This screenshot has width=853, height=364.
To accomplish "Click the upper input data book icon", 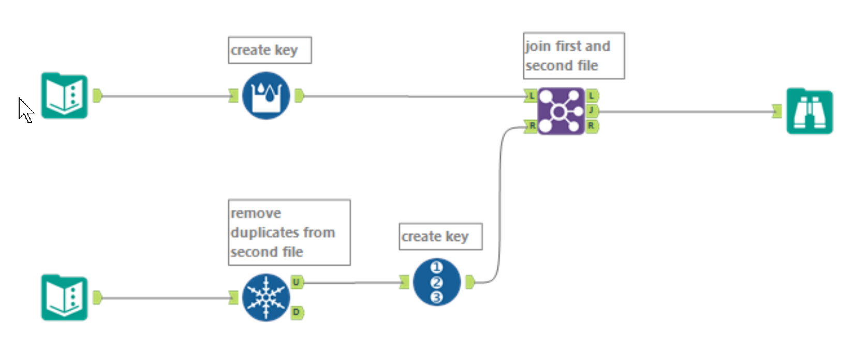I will (64, 96).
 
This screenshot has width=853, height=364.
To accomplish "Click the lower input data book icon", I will (64, 298).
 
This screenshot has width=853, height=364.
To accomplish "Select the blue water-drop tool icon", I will (266, 96).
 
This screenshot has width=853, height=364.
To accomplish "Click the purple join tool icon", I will (561, 111).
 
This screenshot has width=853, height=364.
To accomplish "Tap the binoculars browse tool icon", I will (810, 111).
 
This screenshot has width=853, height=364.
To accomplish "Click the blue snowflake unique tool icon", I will (266, 298).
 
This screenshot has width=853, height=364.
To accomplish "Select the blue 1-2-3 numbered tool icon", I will (436, 282).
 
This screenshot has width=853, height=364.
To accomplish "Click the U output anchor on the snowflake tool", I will (296, 282).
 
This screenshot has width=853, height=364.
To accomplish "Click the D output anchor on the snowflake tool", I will (297, 312).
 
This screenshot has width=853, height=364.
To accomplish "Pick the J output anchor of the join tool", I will (592, 110).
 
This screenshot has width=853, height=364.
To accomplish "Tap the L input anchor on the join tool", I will (531, 96).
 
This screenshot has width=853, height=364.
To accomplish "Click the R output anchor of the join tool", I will (592, 126).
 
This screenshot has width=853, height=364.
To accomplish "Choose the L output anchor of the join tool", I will (592, 96).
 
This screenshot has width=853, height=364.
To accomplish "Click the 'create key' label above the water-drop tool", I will (264, 50).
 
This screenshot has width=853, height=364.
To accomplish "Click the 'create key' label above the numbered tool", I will (435, 237).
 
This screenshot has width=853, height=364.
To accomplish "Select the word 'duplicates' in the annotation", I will (283, 232).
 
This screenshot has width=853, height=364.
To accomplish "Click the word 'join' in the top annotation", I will (537, 46).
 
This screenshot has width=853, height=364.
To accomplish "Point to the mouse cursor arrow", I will (24, 108).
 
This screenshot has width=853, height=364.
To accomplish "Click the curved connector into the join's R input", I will (499, 207).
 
